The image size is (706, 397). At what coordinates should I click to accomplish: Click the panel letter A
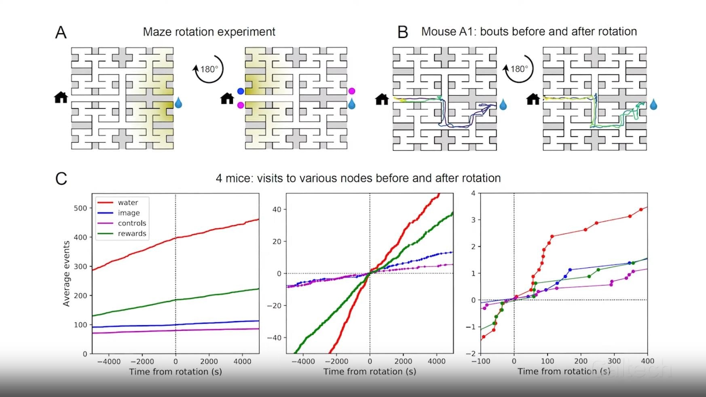point(61,32)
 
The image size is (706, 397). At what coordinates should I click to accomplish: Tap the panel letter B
point(403,32)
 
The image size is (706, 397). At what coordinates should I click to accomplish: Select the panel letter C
point(61,179)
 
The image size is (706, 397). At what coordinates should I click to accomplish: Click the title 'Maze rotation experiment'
point(209,32)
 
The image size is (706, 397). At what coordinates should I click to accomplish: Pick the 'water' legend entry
point(128,202)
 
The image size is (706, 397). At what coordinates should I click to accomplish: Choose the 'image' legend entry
point(129,213)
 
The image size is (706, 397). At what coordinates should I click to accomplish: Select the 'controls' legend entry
point(132,223)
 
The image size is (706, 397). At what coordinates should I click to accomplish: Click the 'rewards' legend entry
point(132,233)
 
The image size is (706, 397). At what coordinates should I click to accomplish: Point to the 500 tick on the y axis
point(80,208)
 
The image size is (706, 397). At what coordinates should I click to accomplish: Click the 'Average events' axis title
point(66,273)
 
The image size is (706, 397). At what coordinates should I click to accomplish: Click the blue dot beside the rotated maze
point(241,91)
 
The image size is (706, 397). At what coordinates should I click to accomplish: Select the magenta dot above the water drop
point(352,91)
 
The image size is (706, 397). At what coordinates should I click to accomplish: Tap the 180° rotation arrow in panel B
point(519,69)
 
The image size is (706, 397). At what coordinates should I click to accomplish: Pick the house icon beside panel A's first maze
point(61,97)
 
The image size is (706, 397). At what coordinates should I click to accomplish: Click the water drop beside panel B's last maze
point(653,105)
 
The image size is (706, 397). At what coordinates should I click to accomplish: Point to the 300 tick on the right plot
point(614,361)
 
